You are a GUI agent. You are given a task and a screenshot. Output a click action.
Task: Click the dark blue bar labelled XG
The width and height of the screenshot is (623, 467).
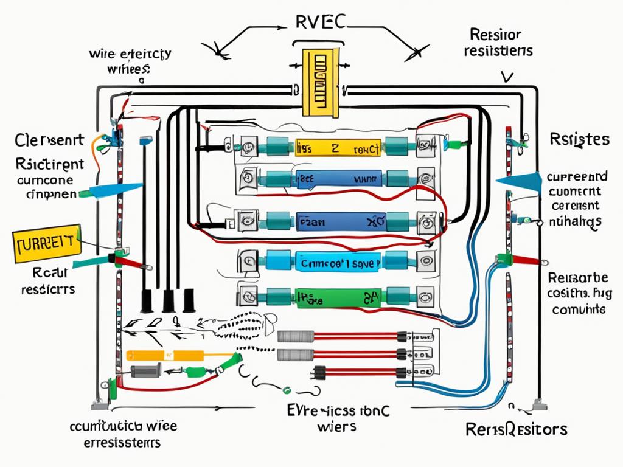pyautogui.click(x=341, y=222)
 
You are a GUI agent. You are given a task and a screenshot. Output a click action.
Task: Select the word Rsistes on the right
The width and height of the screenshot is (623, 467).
pyautogui.click(x=579, y=139)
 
